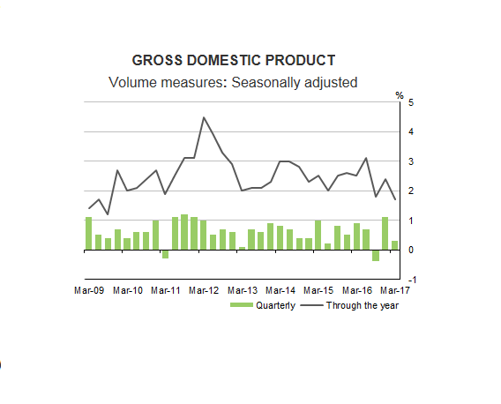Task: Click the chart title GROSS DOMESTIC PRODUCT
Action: (x=233, y=61)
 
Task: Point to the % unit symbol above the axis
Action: (x=399, y=94)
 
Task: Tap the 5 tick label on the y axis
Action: (x=410, y=103)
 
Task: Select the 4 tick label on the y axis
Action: (x=410, y=132)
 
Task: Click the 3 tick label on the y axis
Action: (x=410, y=161)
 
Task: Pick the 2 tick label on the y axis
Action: (x=410, y=191)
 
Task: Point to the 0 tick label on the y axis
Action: (x=410, y=250)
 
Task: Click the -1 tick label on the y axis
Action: (x=408, y=279)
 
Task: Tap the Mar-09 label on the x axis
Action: (x=89, y=289)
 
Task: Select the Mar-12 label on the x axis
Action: (x=204, y=289)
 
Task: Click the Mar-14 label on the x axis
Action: (x=280, y=289)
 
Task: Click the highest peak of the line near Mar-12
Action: (x=204, y=117)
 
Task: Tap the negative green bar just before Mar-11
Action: (x=165, y=254)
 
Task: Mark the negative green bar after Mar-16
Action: (x=375, y=255)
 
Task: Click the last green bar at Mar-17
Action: (x=394, y=245)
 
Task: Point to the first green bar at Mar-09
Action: (x=88, y=234)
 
